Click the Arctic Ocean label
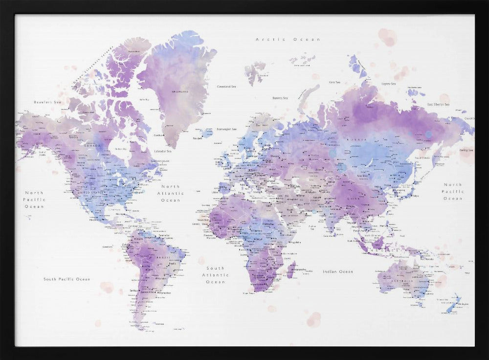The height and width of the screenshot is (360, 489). [x=288, y=39]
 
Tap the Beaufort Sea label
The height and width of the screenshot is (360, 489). [x=47, y=102]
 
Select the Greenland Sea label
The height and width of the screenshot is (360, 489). [x=226, y=87]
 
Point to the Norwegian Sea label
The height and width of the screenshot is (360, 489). [x=227, y=129]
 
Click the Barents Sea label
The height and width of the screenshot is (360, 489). [x=280, y=98]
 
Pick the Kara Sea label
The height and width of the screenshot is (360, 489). [x=334, y=82]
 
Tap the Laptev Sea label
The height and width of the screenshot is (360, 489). [x=389, y=84]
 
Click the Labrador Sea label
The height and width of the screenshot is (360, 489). [x=162, y=151]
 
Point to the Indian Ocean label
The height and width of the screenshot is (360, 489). [x=337, y=271]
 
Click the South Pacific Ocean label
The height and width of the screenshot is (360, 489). [x=67, y=279]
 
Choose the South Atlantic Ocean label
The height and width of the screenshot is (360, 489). [x=215, y=275]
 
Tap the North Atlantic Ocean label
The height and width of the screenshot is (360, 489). [x=171, y=193]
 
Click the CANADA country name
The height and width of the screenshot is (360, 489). [x=92, y=146]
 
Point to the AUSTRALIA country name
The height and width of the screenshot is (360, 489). [x=405, y=281]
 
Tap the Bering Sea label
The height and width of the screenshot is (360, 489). [x=467, y=150]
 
